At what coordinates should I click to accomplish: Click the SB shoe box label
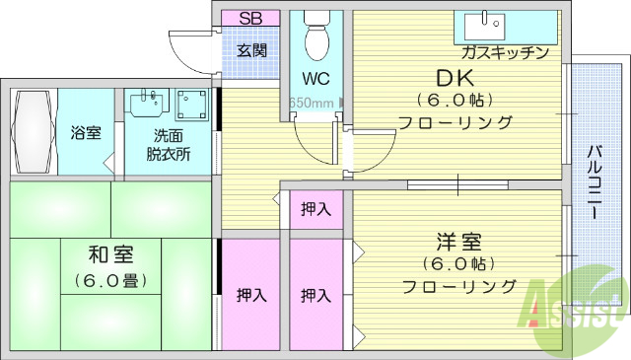pyautogui.click(x=250, y=18)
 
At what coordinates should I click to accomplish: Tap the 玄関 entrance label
pyautogui.click(x=251, y=49)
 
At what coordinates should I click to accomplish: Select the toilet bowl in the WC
pyautogui.click(x=315, y=37)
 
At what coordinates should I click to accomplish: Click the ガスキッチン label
pyautogui.click(x=504, y=53)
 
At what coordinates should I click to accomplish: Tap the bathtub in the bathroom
pyautogui.click(x=33, y=132)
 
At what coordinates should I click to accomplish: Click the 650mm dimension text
pyautogui.click(x=311, y=102)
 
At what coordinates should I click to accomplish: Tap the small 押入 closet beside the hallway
pyautogui.click(x=315, y=208)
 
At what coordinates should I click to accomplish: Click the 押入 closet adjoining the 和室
pyautogui.click(x=250, y=294)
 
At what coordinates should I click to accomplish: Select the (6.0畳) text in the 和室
pyautogui.click(x=110, y=280)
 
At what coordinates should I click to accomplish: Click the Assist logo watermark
pyautogui.click(x=576, y=306)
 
